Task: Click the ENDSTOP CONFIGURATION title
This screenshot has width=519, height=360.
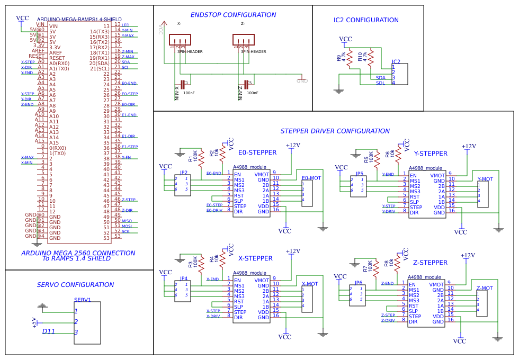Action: pos(233,15)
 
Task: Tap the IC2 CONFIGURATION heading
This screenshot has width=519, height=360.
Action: pos(366,20)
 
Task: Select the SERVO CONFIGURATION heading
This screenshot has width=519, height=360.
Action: pos(75,285)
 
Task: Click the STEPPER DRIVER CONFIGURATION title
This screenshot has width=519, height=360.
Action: pos(335,131)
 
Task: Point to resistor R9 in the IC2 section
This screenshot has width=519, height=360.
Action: pos(350,58)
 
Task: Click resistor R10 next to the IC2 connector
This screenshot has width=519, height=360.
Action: pos(371,58)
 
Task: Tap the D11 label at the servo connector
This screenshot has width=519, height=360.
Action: pos(49,331)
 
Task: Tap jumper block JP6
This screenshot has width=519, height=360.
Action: pos(357,294)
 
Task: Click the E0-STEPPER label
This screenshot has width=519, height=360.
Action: pos(257,152)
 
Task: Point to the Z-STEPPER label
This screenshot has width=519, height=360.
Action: pos(430,263)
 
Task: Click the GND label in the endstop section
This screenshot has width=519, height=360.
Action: pos(302,81)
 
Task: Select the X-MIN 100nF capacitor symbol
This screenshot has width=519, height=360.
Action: pos(183,84)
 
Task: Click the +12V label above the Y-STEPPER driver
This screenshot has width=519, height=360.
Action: pos(468,147)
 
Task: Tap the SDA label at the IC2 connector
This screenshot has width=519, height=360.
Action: pos(381,77)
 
